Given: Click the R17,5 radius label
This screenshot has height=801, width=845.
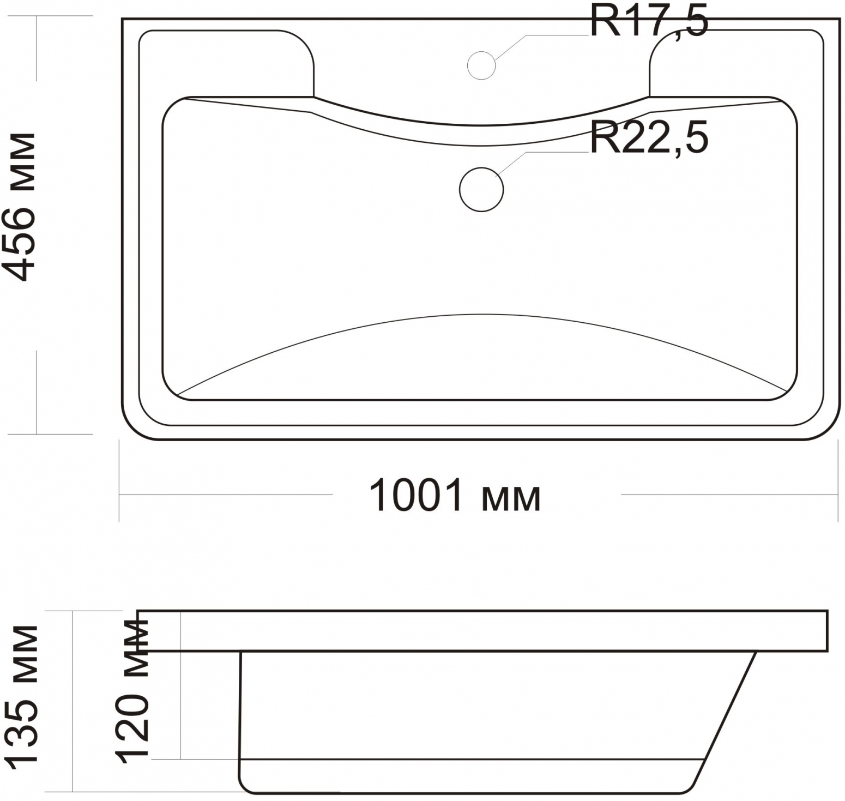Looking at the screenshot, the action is [x=649, y=22].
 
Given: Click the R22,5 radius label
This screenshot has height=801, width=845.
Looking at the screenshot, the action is [x=649, y=139].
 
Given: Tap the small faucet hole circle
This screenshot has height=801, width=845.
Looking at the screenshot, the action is [x=481, y=65].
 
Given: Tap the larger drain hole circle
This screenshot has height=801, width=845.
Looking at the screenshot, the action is [x=481, y=189].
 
